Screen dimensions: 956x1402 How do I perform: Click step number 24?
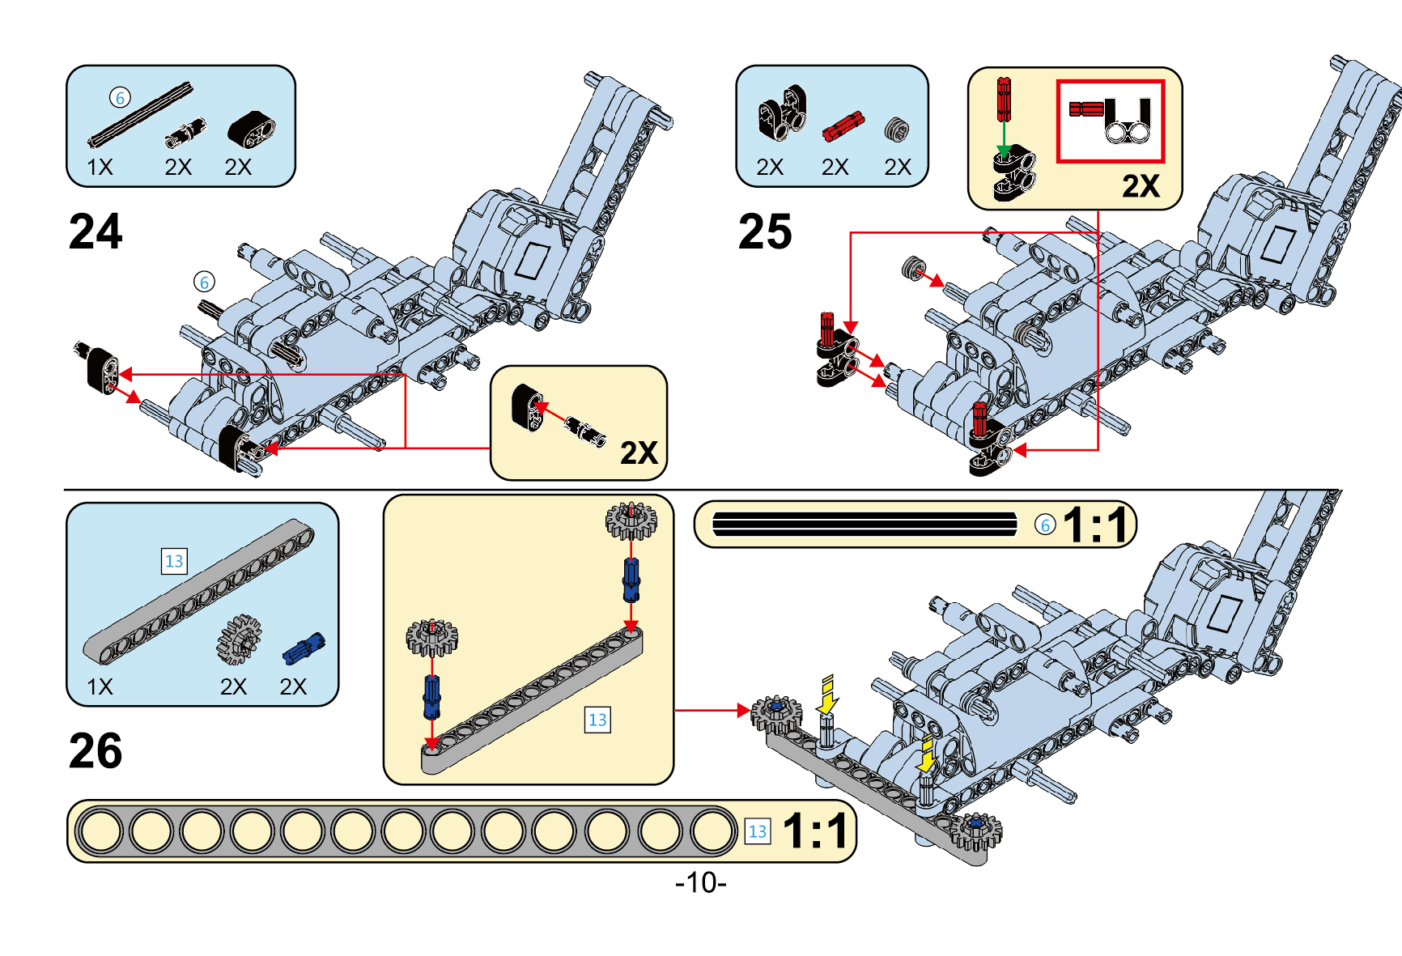[x=96, y=232]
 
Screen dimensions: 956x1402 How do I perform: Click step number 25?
[x=764, y=232]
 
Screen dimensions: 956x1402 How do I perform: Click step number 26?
[x=96, y=751]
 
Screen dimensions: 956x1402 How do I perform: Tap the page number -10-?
[x=700, y=882]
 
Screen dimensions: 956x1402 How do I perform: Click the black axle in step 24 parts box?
[x=141, y=115]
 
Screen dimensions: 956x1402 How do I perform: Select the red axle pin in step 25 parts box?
[x=843, y=125]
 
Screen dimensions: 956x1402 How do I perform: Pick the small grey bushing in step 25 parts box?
[x=895, y=128]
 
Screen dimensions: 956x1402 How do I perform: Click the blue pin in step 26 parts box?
[x=304, y=648]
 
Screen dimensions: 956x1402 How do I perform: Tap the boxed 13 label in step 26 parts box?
[x=174, y=561]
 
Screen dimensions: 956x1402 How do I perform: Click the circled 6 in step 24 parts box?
[x=120, y=98]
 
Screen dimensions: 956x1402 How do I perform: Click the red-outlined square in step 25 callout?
[x=1110, y=121]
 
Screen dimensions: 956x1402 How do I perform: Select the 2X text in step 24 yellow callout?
[x=639, y=453]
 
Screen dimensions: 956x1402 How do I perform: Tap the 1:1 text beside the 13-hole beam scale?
[x=815, y=831]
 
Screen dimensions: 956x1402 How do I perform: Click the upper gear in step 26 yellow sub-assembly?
[x=631, y=520]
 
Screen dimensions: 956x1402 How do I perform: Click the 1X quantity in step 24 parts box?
[x=100, y=168]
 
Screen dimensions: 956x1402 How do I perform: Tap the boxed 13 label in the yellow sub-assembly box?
[x=597, y=720]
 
